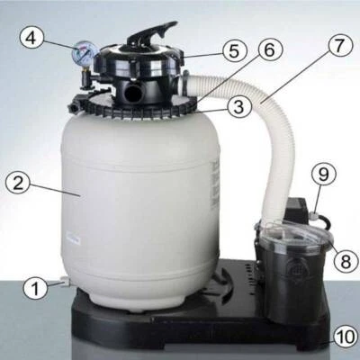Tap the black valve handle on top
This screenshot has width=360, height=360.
coord(153,34)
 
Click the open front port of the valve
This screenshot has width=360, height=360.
coord(132,92)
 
